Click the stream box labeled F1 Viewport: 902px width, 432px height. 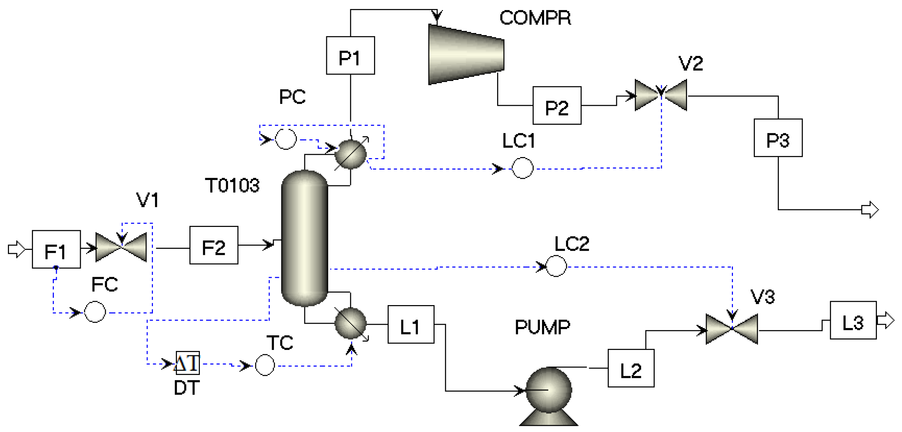(x=56, y=250)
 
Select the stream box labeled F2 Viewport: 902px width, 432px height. (x=214, y=245)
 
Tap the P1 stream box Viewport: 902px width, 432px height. (x=350, y=56)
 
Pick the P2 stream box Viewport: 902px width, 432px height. (x=557, y=105)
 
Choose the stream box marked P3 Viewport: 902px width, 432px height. (x=778, y=138)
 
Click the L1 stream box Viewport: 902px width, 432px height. (x=411, y=324)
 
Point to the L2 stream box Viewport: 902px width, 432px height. (x=631, y=368)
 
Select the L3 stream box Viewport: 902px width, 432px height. (x=853, y=320)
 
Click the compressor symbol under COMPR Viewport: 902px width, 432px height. (x=466, y=54)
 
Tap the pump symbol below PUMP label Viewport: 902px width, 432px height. (x=548, y=395)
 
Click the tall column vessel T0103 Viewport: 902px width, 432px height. (x=305, y=238)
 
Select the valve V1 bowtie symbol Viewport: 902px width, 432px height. (x=121, y=247)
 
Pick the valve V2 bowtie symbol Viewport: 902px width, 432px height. (x=661, y=95)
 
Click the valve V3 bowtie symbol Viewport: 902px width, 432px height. (x=732, y=329)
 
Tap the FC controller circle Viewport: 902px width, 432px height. (x=95, y=312)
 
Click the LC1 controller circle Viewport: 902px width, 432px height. (x=522, y=168)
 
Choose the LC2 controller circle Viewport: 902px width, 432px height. (x=556, y=266)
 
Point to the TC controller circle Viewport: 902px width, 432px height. (x=265, y=365)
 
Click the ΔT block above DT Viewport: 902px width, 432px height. (x=187, y=363)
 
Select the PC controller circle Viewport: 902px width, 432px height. (x=286, y=139)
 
